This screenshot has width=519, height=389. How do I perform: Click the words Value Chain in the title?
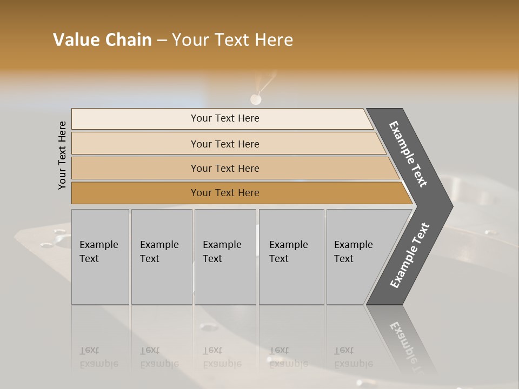pos(102,40)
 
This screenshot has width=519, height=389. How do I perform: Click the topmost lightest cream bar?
pos(135,119)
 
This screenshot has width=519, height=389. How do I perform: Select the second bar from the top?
pos(135,144)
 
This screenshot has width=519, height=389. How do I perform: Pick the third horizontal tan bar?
pos(135,168)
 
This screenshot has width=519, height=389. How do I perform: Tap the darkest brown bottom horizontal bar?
pos(135,193)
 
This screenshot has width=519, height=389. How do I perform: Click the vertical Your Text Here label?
pos(62,155)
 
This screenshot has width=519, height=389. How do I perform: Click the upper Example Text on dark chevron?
pos(408,154)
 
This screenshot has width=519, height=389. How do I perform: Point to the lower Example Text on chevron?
pos(410,256)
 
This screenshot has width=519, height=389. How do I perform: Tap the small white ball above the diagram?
pos(255,99)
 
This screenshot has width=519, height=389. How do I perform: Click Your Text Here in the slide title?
pos(232,40)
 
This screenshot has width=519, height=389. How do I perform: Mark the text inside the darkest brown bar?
pos(225,193)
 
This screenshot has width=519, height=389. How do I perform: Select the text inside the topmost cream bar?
pos(225,118)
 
